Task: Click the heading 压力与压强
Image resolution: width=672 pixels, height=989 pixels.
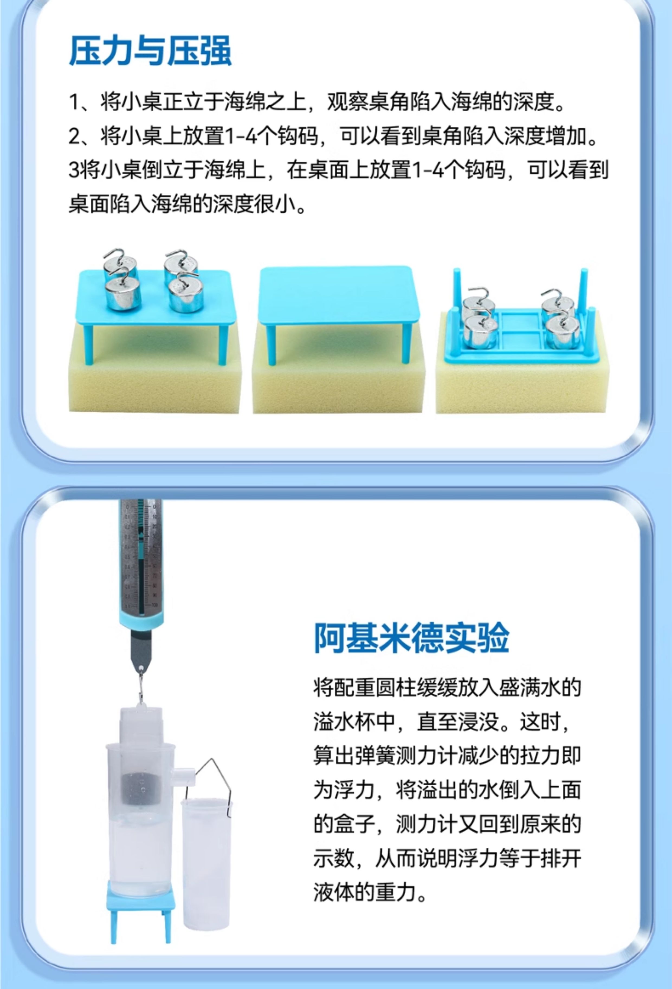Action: pyautogui.click(x=150, y=51)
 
